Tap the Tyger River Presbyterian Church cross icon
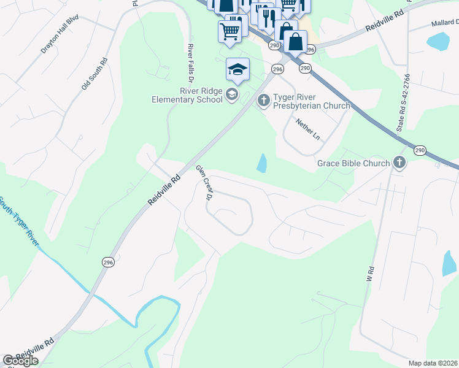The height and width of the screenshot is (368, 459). coord(263,100)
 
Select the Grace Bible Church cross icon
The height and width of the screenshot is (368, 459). coord(399,163)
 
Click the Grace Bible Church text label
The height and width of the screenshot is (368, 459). coord(353,163)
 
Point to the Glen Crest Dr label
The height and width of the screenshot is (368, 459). coord(204,183)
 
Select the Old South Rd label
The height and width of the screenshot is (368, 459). coord(94,74)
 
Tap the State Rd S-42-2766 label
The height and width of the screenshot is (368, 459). coord(403,102)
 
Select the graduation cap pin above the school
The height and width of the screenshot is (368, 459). coord(237,69)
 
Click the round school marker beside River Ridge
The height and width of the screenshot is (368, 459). coord(231,94)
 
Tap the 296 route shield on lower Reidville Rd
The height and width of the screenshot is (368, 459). coord(108,262)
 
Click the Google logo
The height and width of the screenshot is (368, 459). coord(20,361)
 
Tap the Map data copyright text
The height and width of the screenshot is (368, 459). coord(433,363)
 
